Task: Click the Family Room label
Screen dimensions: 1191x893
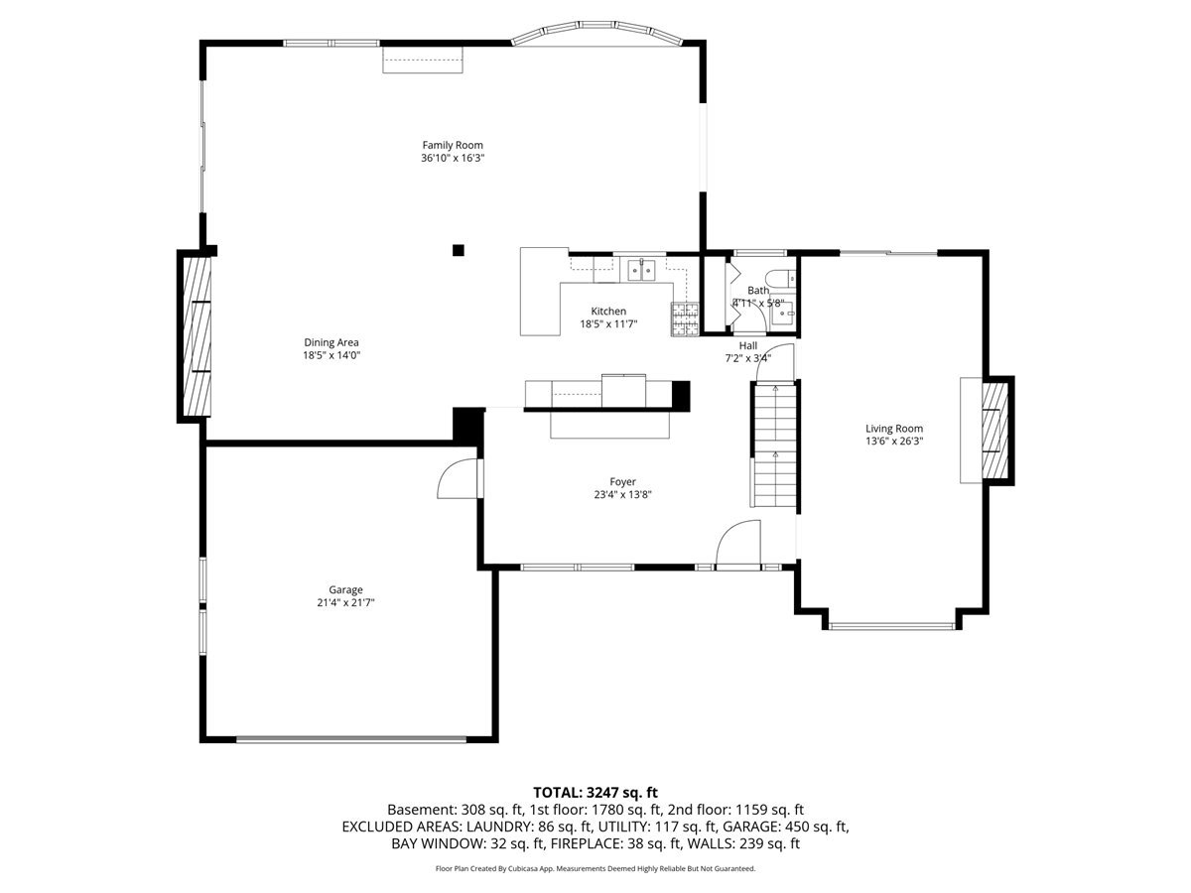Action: coord(452,145)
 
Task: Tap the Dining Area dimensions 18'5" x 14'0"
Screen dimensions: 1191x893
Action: coord(331,355)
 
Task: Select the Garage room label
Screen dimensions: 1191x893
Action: coord(345,589)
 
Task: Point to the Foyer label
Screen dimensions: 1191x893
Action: coord(622,481)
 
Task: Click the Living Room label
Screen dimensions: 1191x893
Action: coord(893,429)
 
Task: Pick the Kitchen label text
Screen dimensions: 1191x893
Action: coord(608,312)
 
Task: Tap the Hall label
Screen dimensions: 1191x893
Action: coord(747,345)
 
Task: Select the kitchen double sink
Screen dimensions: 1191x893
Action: coord(641,270)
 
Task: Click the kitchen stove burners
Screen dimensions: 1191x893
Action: coord(685,319)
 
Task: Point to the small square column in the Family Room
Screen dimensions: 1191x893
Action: coord(459,250)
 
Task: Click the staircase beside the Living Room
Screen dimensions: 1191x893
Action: coord(773,445)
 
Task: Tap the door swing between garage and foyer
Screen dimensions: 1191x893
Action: coord(458,479)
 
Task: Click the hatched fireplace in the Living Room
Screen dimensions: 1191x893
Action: coord(995,430)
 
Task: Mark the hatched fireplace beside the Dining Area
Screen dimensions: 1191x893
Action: coord(197,336)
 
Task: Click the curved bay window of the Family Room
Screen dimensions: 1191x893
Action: coord(597,32)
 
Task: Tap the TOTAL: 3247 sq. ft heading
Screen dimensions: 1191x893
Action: coord(595,793)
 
